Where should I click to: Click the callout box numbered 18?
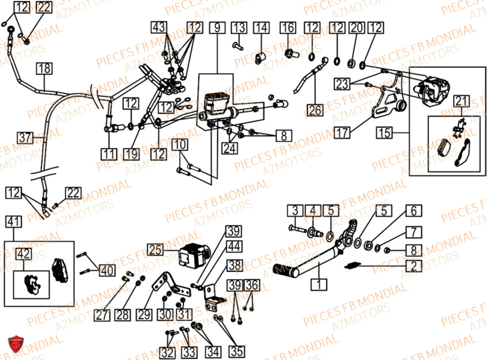pyautogui.click(x=44, y=69)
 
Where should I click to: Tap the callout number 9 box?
pyautogui.click(x=217, y=28)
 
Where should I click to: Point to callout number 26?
pyautogui.click(x=315, y=110)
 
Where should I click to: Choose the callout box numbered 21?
pyautogui.click(x=461, y=101)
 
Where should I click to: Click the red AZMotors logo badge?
pyautogui.click(x=16, y=344)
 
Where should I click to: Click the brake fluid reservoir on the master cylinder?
pyautogui.click(x=213, y=101)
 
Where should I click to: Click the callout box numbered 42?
pyautogui.click(x=22, y=254)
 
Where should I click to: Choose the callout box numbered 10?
pyautogui.click(x=179, y=145)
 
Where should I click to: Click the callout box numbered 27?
pyautogui.click(x=103, y=315)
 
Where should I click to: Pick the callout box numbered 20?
pyautogui.click(x=357, y=28)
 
